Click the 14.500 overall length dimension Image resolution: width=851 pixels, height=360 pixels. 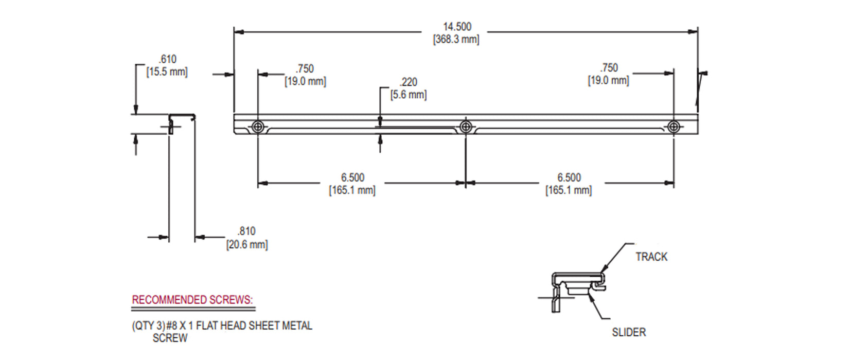click(457, 27)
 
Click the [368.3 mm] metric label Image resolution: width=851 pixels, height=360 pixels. click(456, 40)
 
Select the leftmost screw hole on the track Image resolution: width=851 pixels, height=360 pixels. click(258, 127)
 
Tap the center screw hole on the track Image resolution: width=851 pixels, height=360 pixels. click(466, 127)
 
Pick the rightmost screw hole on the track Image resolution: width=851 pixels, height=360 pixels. click(673, 127)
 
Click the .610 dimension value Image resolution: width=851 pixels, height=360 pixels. click(167, 59)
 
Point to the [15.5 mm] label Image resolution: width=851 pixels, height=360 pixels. click(167, 72)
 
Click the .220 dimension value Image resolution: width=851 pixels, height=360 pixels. click(409, 82)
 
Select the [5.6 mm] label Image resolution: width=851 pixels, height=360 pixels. click(409, 95)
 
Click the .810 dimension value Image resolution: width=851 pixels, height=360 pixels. click(246, 231)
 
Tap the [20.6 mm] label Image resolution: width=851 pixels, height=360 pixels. click(247, 245)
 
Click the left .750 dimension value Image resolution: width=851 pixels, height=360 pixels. click(305, 69)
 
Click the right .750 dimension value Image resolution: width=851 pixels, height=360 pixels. click(609, 68)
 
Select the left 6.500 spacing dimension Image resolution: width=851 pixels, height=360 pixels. click(352, 178)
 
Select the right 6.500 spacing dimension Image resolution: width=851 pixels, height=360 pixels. click(569, 178)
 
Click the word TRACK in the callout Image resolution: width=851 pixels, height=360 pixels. click(651, 257)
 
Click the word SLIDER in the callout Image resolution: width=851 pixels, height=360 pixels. click(629, 332)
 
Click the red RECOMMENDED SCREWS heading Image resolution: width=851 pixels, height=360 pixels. click(192, 300)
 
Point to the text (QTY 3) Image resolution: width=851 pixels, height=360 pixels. click(148, 326)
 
